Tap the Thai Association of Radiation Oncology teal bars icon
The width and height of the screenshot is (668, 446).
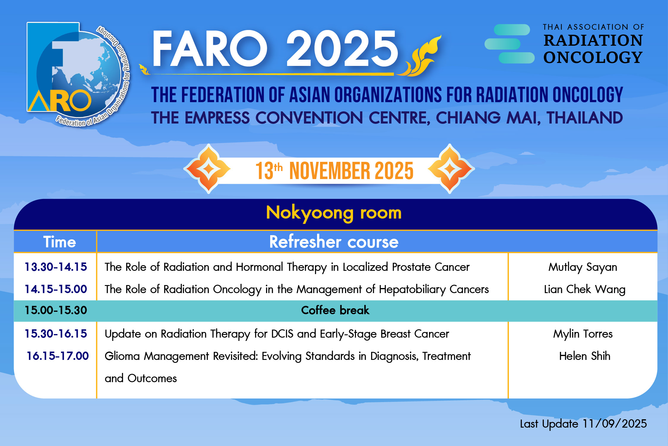coord(509,44)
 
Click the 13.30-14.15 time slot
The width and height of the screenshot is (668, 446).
coord(56,267)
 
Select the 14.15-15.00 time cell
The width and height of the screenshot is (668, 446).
coord(56,289)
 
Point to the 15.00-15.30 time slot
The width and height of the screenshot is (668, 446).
coord(56,310)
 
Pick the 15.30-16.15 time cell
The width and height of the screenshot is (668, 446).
coord(56,334)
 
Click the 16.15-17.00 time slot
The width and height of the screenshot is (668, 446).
coord(58,356)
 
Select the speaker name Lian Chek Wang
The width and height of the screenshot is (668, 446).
coord(585,290)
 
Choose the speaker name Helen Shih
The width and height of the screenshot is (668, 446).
coord(585,356)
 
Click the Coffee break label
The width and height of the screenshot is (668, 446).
coord(335,310)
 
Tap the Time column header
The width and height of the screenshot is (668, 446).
coord(60,242)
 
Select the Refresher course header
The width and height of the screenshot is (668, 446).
coord(334,242)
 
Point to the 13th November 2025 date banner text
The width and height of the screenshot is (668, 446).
coord(335,171)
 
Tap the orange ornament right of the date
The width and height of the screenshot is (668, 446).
coord(450,169)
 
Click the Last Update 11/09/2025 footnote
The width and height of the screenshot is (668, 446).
coord(583,424)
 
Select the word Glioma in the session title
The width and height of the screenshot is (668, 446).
coord(122,356)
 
